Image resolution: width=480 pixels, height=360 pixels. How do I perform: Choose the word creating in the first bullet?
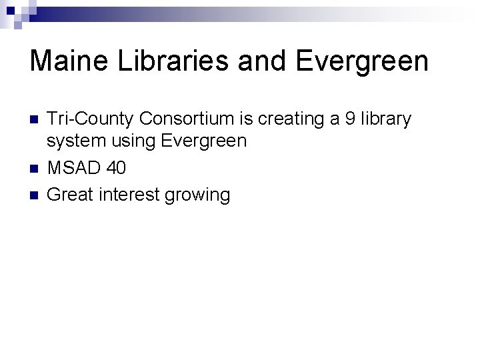(289, 119)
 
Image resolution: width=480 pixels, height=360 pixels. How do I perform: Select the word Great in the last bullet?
(71, 195)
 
